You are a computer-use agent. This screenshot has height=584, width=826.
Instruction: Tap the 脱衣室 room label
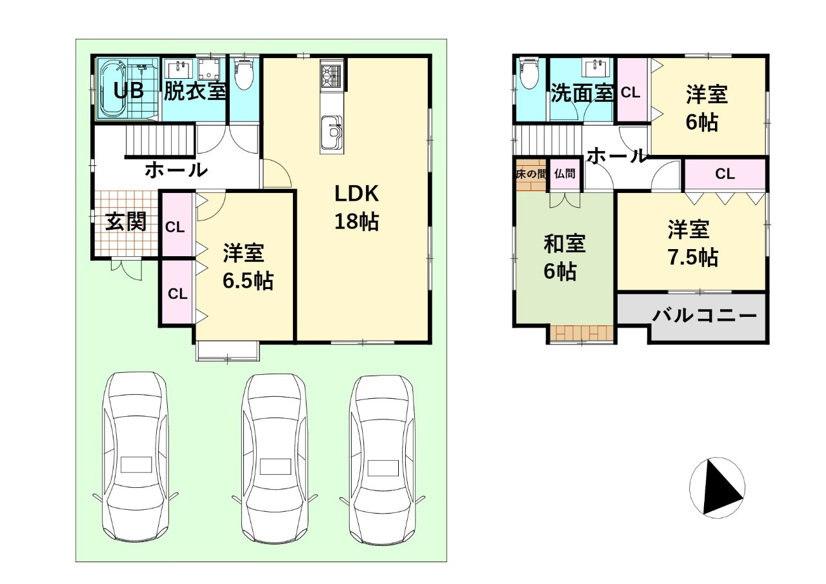tap(195, 91)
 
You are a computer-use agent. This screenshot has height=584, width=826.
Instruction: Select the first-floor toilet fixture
tap(244, 74)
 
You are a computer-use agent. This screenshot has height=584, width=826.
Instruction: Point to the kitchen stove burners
tap(332, 76)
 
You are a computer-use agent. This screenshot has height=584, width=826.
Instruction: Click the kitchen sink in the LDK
tap(332, 133)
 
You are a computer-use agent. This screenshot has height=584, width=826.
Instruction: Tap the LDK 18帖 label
tap(357, 207)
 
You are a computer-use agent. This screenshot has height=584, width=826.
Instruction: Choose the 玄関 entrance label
tap(126, 221)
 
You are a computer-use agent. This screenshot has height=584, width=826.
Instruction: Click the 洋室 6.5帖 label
tap(248, 267)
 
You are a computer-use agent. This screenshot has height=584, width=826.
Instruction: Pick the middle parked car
tap(274, 458)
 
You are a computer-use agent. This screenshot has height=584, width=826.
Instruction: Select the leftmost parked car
tap(136, 457)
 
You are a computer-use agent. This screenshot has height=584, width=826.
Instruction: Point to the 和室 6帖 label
tap(564, 257)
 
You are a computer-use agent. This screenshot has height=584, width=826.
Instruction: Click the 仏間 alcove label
tap(565, 174)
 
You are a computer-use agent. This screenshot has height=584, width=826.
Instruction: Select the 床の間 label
tap(531, 174)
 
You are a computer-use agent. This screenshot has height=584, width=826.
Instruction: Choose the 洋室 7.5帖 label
tap(692, 243)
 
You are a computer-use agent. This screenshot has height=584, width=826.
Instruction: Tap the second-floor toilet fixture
tap(529, 74)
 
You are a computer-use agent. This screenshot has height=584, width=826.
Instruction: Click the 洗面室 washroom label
tap(582, 93)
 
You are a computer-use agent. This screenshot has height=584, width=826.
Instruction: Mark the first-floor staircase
tap(160, 141)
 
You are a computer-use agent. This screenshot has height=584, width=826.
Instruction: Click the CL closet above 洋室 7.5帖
tap(725, 174)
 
